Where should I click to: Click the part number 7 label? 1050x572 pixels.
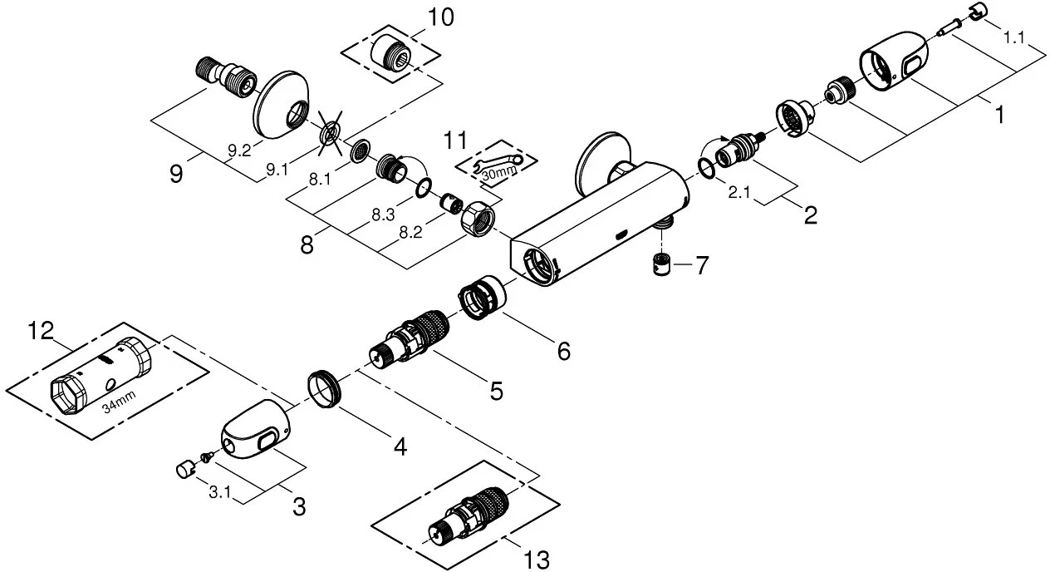pyautogui.click(x=702, y=267)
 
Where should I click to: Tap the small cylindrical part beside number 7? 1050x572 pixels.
pyautogui.click(x=661, y=265)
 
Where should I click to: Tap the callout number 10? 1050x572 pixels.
pyautogui.click(x=441, y=18)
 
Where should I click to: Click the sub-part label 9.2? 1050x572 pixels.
pyautogui.click(x=239, y=150)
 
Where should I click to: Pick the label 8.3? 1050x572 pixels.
pyautogui.click(x=383, y=214)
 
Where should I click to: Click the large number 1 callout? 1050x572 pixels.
pyautogui.click(x=999, y=114)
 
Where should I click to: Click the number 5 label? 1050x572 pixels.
pyautogui.click(x=496, y=391)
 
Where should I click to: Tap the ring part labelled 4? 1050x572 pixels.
pyautogui.click(x=322, y=388)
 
